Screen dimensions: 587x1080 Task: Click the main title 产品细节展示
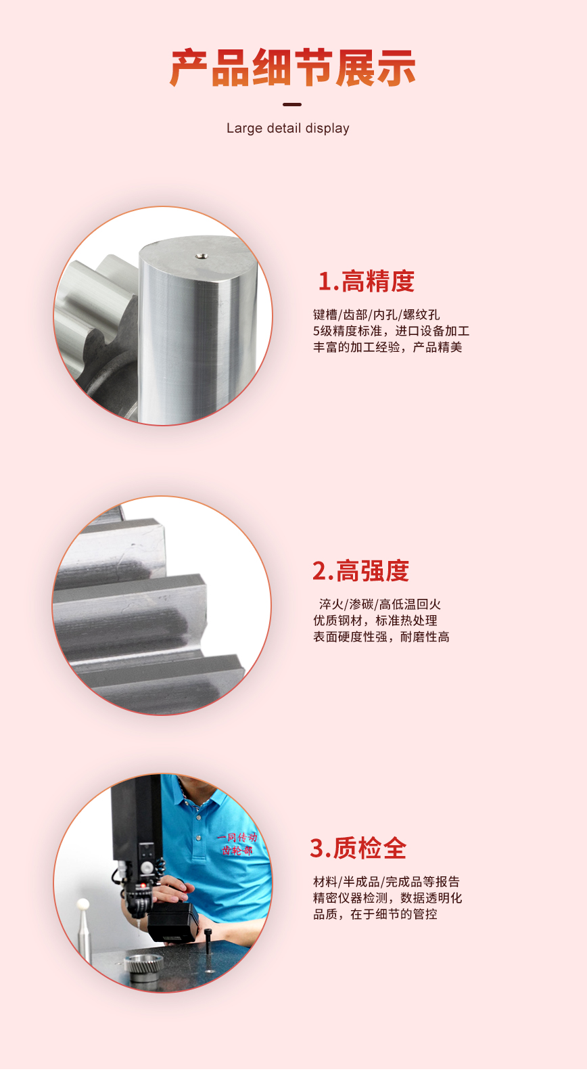point(293,68)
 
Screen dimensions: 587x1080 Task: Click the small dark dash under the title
point(292,104)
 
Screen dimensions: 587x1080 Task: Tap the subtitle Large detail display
point(287,129)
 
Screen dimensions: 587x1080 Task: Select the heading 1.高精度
point(367,282)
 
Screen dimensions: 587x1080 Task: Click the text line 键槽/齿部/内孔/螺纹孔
point(377,315)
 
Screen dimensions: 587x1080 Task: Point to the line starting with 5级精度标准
point(392,331)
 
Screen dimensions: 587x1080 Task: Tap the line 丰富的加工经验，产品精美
point(388,347)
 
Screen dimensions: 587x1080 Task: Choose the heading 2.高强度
point(361,571)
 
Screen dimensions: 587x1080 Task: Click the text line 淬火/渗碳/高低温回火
point(380,604)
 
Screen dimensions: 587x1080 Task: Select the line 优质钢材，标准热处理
point(375,621)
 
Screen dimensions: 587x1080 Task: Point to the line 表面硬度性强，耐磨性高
point(381,637)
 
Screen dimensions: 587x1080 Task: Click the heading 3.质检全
point(358,848)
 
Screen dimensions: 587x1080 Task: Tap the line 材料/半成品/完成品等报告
point(387,882)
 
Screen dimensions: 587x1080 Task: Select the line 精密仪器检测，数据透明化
point(388,898)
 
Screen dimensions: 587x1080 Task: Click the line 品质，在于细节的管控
point(375,914)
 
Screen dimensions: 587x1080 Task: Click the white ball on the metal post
point(83,903)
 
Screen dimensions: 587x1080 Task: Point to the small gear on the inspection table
point(143,966)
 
